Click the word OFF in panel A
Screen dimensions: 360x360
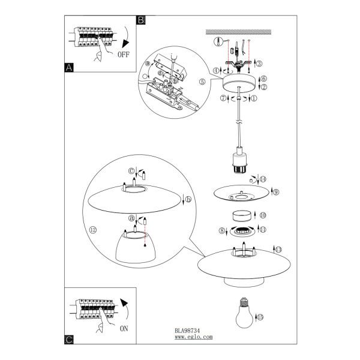(124, 55)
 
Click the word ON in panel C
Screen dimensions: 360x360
(124, 329)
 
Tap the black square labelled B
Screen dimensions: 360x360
(141, 20)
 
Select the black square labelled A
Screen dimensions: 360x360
(69, 68)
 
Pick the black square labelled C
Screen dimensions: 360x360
(69, 340)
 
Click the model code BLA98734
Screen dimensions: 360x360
(187, 331)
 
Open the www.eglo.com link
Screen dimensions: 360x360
(194, 337)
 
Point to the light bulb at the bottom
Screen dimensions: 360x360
(244, 313)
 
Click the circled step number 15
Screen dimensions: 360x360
(260, 317)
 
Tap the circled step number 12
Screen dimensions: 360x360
(93, 230)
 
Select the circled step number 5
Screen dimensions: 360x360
(202, 82)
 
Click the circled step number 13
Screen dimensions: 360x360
(278, 250)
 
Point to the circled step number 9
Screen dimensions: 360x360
(276, 192)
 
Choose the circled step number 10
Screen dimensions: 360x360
(263, 215)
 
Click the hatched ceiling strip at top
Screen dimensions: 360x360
(238, 32)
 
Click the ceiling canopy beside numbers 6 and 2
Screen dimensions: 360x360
(239, 83)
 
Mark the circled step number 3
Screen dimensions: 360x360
(259, 64)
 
